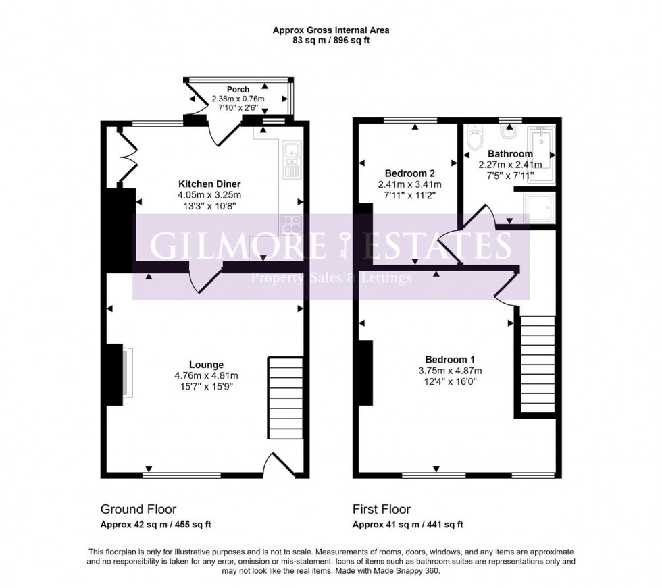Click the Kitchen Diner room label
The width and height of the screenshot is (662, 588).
209,184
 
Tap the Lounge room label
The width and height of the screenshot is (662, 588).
207,365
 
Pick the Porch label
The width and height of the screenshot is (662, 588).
238,89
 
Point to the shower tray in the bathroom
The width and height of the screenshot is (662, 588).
541,207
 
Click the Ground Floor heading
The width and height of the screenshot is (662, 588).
138,510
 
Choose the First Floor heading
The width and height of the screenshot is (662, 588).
382,510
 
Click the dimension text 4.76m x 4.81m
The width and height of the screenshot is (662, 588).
207,376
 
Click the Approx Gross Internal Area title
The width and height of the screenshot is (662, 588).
331,30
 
